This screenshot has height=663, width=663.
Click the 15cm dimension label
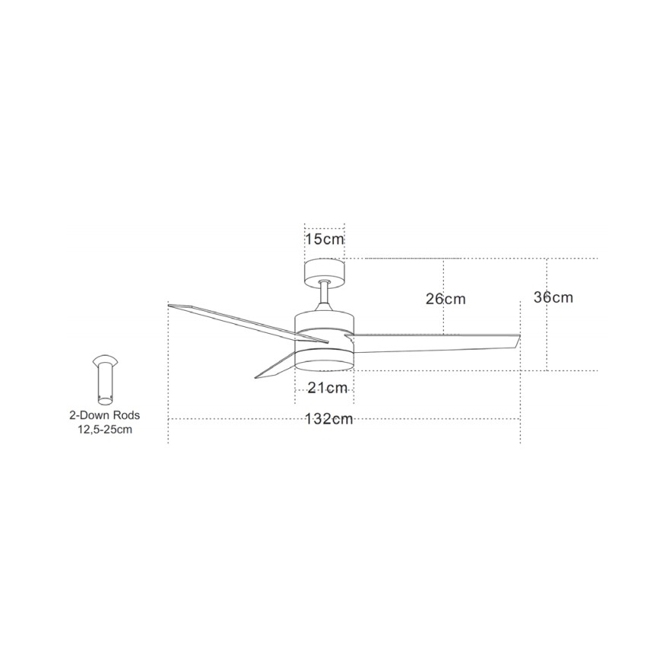coord(325,239)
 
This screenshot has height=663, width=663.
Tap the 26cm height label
coord(445,299)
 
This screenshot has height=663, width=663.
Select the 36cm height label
coord(553,297)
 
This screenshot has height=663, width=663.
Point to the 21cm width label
coord(328,388)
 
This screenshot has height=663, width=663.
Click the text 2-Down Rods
coord(105,416)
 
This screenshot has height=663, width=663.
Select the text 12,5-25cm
coord(105,429)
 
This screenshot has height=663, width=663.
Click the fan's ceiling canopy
coord(325,271)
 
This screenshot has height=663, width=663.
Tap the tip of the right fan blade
coord(518,341)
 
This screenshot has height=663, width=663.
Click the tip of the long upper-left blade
coord(171,306)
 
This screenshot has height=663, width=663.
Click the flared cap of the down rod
coord(105,361)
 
